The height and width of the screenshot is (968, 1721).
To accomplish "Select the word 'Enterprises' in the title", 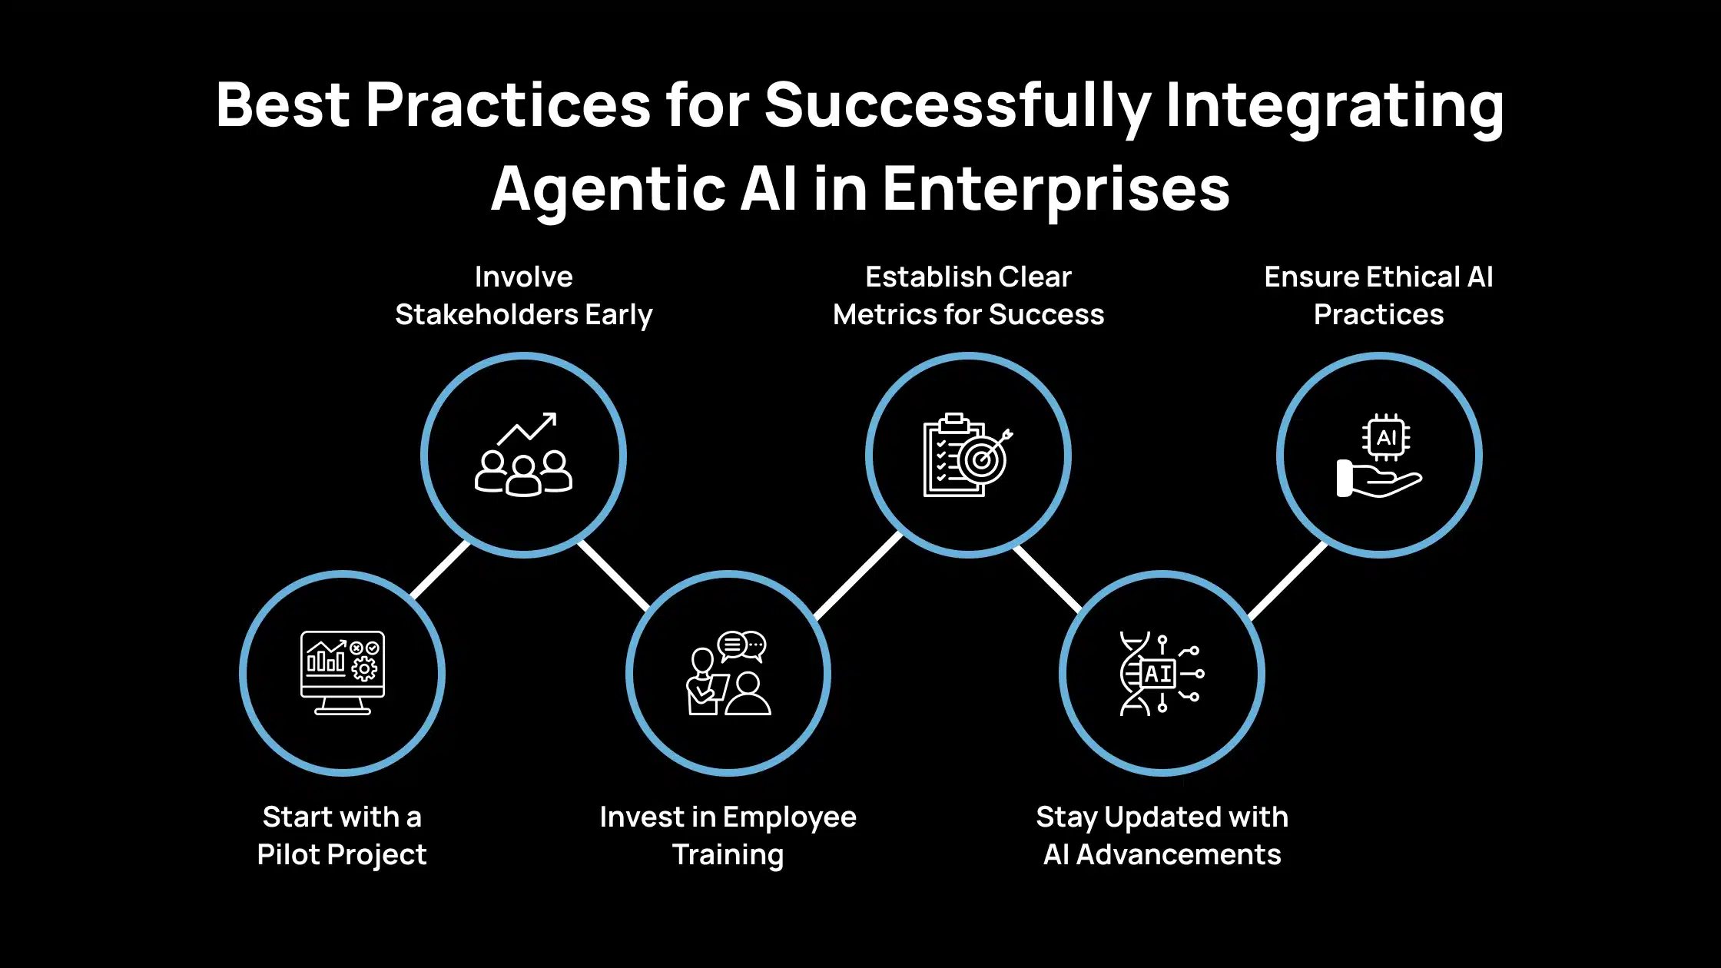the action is point(1056,190).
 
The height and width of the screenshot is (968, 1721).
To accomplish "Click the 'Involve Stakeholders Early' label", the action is point(524,296).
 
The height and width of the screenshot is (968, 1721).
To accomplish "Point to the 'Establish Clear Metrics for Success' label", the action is point(969,296).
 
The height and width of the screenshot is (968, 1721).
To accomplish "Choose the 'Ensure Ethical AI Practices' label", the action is point(1379,296).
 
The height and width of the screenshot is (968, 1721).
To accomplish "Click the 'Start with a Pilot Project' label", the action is point(342,836).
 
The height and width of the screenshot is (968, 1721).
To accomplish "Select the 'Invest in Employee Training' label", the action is point(728,836).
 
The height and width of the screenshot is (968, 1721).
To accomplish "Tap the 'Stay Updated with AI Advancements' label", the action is point(1162,836).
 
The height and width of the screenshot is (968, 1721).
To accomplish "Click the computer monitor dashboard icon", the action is point(343,673).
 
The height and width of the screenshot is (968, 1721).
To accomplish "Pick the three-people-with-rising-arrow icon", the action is point(524,455).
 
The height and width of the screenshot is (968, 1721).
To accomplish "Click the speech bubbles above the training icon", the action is point(742,646).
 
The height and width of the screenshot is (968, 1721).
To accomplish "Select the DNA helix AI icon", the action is point(1162,674).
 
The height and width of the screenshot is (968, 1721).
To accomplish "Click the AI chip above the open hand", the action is point(1386,437).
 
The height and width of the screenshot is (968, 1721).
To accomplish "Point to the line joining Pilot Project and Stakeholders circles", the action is point(439,569).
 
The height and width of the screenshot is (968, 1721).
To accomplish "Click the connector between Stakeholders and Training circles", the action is point(614,575).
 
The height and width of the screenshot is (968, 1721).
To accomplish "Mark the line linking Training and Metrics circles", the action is point(857,575).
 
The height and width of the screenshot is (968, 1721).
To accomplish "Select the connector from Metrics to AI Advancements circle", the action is point(1048,579).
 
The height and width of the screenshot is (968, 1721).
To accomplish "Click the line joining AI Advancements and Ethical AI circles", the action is point(1288,581).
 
